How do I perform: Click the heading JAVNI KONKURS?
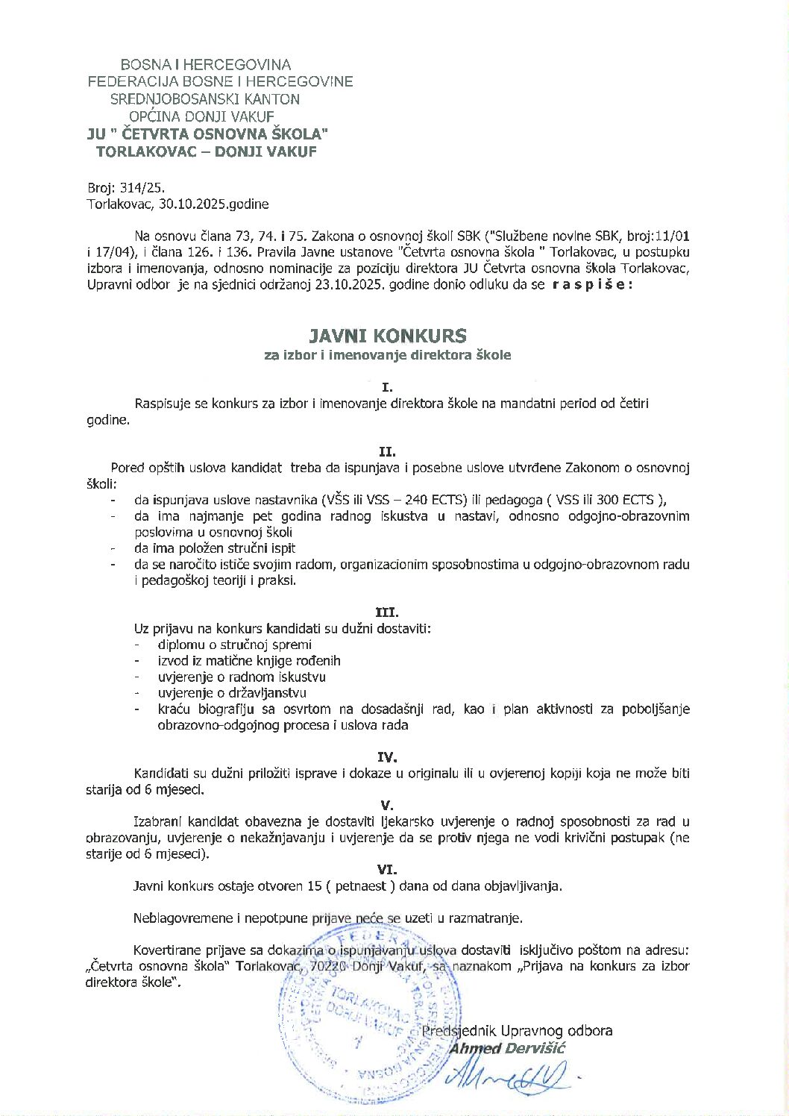[x=388, y=336]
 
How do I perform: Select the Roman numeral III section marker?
[x=387, y=613]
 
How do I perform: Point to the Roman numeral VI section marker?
[x=387, y=870]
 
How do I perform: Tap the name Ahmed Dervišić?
[x=507, y=1048]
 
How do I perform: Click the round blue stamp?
[x=358, y=1015]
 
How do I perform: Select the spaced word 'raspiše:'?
[x=592, y=285]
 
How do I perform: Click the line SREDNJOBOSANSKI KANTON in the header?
[x=205, y=99]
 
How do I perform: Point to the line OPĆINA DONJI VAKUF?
[x=201, y=116]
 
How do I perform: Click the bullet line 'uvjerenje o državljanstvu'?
[x=232, y=693]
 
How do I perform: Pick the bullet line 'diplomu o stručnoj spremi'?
[x=234, y=645]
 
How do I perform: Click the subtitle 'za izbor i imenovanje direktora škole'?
[x=388, y=355]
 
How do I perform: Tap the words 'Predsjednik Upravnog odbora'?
[x=517, y=1031]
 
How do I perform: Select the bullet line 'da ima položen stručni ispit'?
[x=215, y=548]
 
